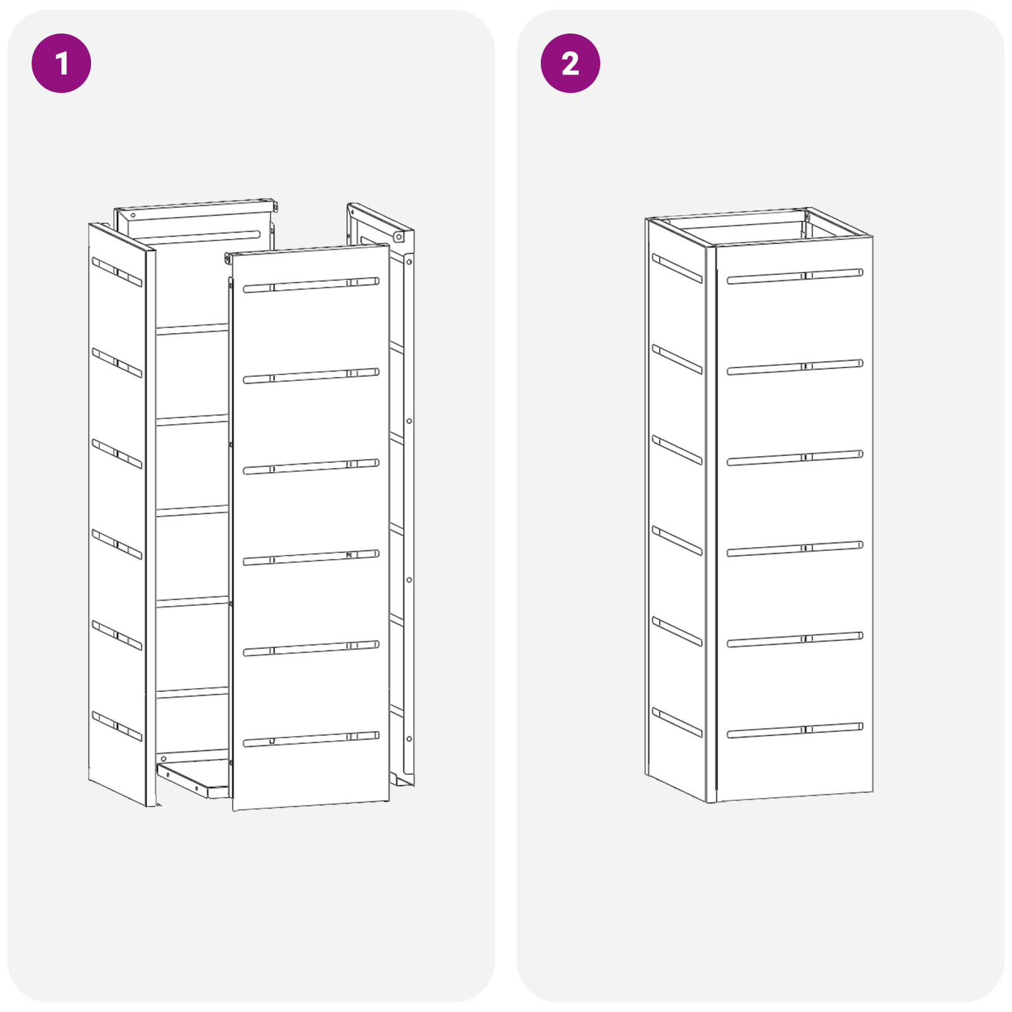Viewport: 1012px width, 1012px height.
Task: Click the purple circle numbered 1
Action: click(x=61, y=63)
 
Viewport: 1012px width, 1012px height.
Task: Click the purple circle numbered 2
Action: click(x=570, y=63)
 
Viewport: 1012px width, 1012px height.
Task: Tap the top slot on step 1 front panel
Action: click(x=311, y=285)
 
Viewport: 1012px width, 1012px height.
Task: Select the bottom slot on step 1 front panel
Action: click(x=311, y=739)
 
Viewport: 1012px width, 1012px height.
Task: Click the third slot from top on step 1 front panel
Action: click(x=311, y=466)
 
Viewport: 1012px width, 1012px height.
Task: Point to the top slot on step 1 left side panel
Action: click(x=117, y=272)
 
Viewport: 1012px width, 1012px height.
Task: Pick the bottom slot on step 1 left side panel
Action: click(x=117, y=726)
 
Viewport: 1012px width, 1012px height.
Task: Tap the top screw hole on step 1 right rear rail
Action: click(x=409, y=262)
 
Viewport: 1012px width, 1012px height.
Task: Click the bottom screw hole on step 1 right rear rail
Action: click(x=409, y=739)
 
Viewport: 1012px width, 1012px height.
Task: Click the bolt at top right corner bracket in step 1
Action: click(x=398, y=237)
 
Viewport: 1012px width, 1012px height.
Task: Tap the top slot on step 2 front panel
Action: click(x=795, y=276)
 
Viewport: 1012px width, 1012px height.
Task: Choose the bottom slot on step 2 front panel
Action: click(x=795, y=730)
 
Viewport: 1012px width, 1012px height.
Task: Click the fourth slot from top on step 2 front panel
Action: click(x=795, y=548)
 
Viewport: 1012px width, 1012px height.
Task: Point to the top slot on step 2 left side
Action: click(x=677, y=268)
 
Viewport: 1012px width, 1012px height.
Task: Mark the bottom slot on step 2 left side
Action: click(x=677, y=722)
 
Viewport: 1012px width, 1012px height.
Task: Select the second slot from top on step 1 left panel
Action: click(x=117, y=362)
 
